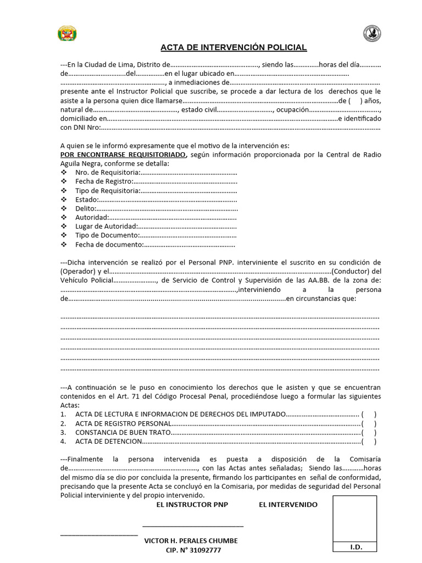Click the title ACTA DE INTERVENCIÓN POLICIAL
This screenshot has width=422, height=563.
tap(234, 47)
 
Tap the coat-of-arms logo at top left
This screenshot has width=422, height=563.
tap(67, 34)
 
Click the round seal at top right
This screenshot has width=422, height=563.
tap(372, 34)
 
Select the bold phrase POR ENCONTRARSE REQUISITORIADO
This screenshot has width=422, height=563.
tap(123, 154)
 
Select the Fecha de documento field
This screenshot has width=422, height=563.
tap(156, 245)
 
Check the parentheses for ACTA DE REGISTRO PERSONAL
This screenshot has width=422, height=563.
tap(369, 423)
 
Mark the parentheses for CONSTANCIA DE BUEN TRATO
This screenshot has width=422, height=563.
tap(369, 432)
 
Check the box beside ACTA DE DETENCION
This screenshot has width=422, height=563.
tap(369, 441)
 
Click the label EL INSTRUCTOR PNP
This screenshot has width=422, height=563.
tap(192, 504)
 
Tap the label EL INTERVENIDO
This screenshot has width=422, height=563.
tap(288, 504)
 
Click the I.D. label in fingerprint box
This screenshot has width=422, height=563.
tap(355, 547)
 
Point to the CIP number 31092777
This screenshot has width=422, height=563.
tap(193, 550)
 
